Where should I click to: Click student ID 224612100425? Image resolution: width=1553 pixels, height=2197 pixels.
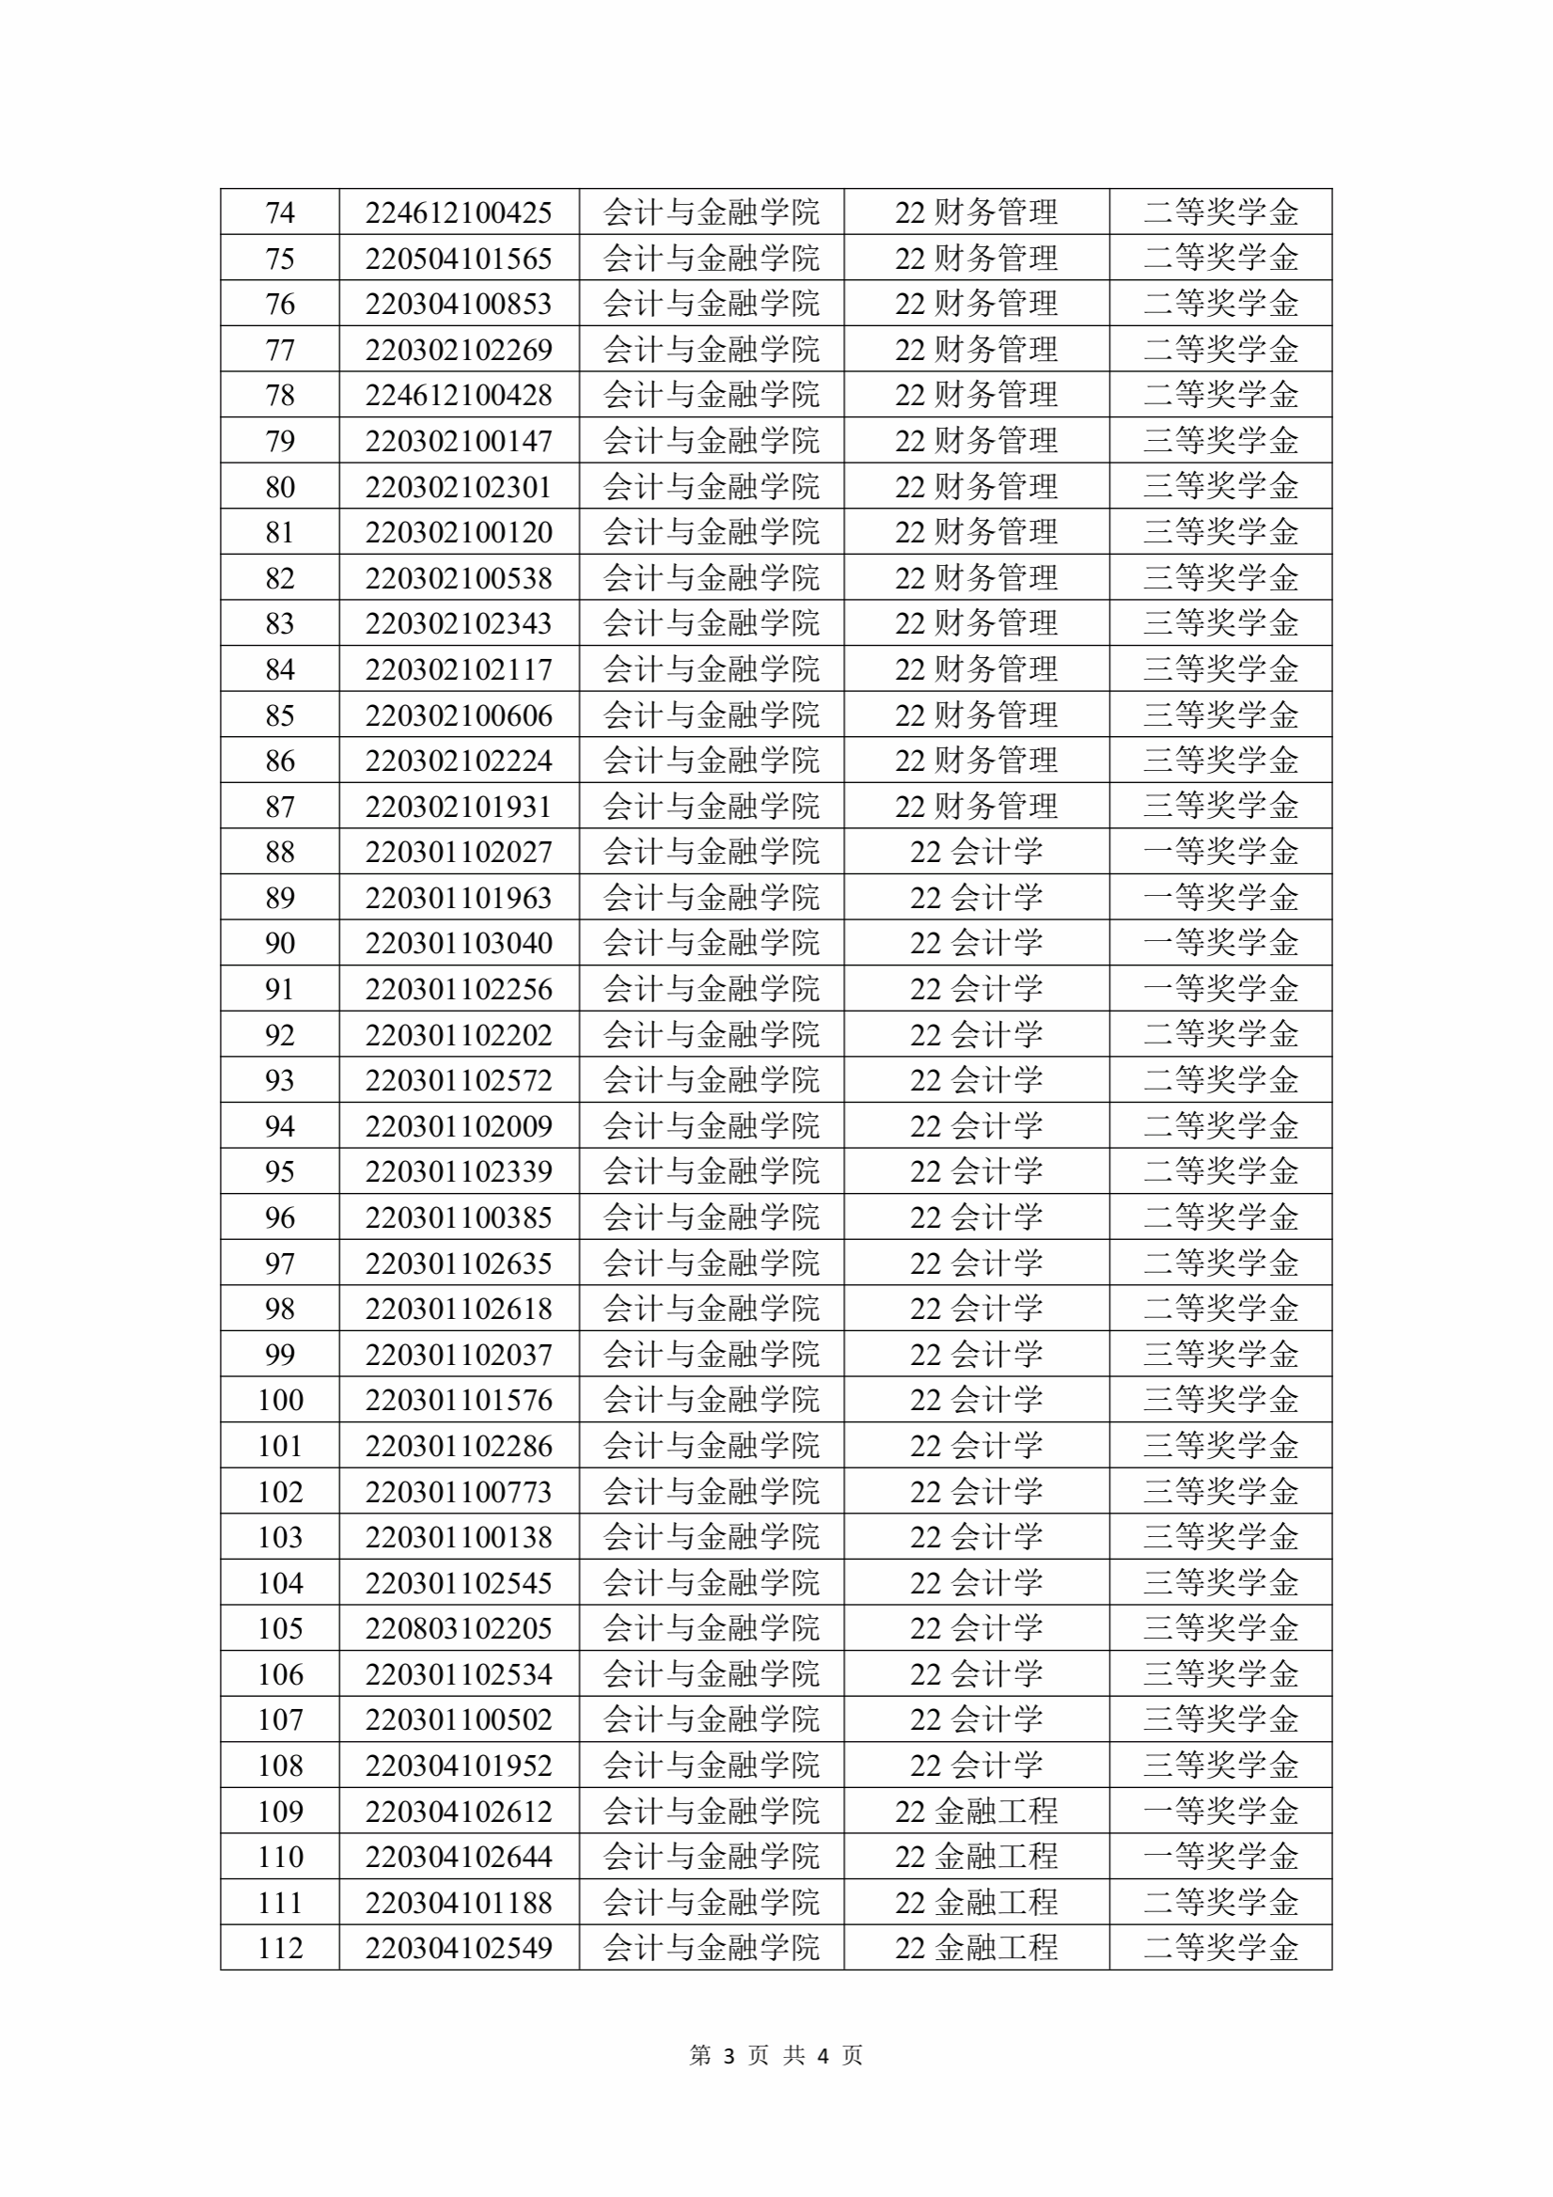tap(459, 212)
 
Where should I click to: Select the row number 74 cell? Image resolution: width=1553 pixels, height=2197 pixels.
tap(279, 212)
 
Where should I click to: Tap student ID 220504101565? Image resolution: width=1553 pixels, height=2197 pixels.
tap(459, 258)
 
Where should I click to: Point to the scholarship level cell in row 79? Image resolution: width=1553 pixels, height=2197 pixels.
tap(1220, 440)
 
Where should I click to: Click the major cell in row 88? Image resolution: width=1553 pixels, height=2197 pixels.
tap(976, 851)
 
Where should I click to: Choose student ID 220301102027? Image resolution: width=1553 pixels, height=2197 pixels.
tap(459, 851)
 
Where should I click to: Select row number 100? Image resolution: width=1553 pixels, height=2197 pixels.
tap(279, 1399)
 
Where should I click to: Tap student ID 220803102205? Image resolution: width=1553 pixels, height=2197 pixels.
tap(459, 1627)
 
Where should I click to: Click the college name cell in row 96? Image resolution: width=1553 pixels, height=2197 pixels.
tap(711, 1216)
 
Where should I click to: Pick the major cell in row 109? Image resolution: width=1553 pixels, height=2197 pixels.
tap(976, 1811)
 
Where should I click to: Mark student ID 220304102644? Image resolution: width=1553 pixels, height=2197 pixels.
tap(459, 1857)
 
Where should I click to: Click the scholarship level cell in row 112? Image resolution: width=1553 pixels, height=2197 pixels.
tap(1220, 1947)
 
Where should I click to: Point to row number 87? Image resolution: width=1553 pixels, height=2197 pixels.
tap(279, 806)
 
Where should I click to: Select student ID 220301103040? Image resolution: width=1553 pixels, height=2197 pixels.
tap(459, 943)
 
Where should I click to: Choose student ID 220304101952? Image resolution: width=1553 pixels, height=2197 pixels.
tap(459, 1765)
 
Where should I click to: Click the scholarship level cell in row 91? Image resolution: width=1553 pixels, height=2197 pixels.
tap(1220, 987)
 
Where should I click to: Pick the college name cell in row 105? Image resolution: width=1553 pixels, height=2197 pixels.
tap(711, 1627)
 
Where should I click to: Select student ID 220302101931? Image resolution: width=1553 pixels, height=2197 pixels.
tap(459, 806)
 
